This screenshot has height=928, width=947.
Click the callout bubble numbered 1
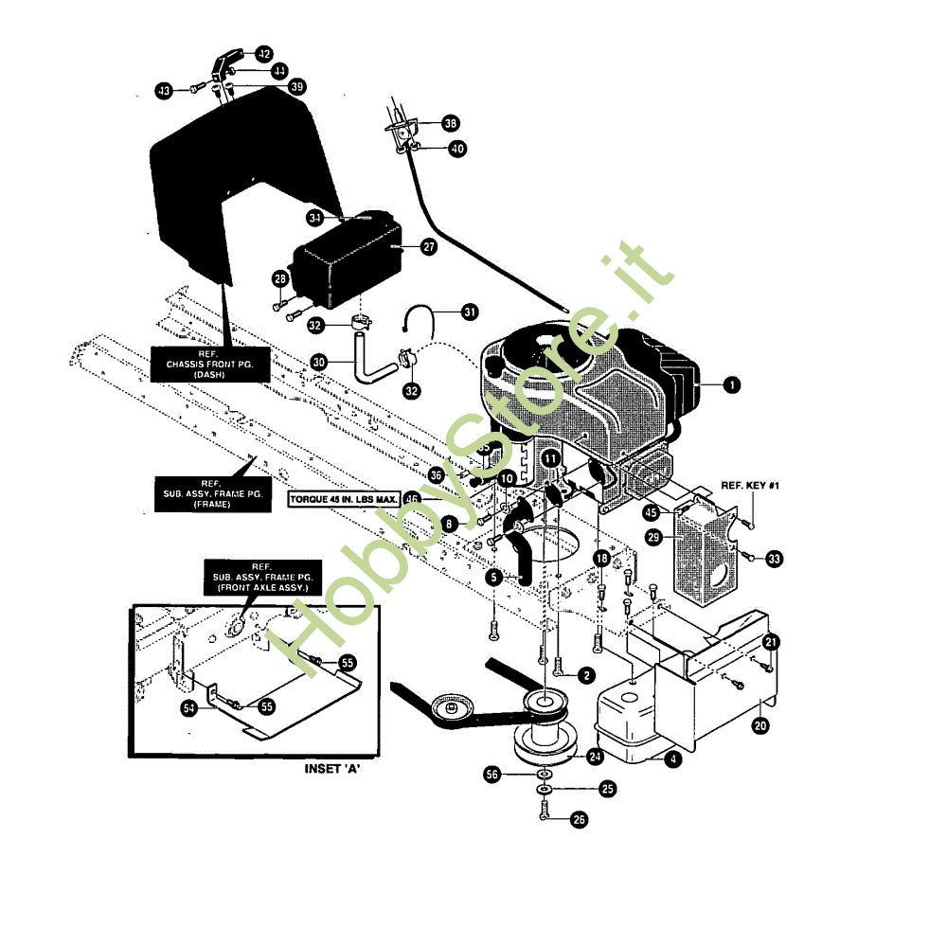point(730,384)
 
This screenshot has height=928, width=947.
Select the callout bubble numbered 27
point(429,246)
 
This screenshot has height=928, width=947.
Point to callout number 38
point(450,123)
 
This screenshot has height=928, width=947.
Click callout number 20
point(760,725)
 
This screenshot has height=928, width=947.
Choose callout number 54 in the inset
point(191,706)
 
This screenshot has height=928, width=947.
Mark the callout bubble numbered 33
point(775,560)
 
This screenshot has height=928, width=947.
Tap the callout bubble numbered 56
point(491,774)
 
